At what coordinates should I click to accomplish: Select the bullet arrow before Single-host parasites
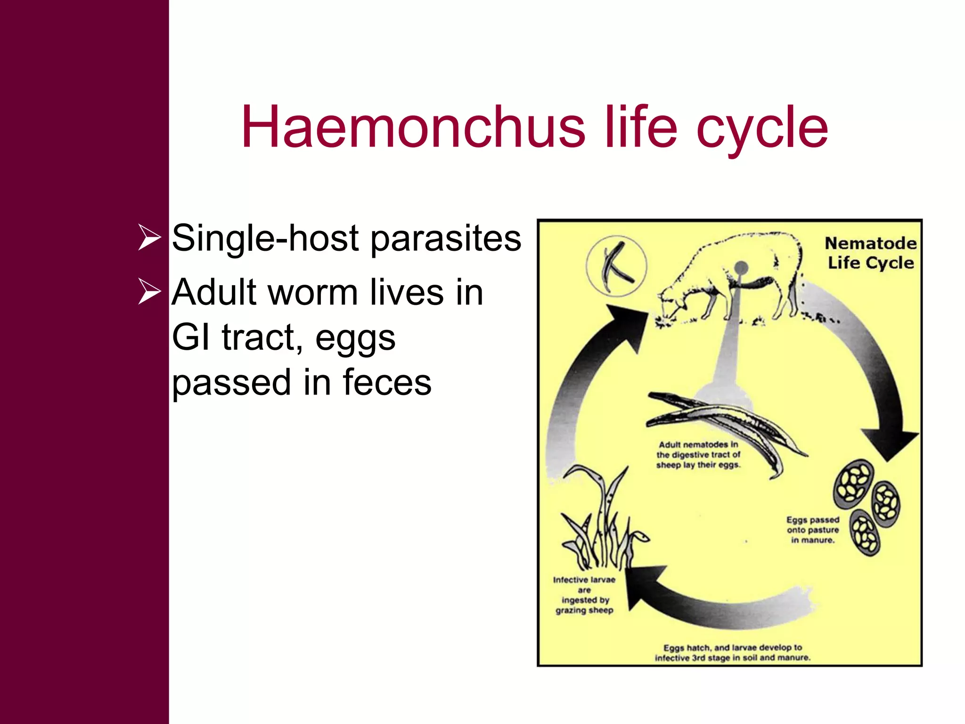[150, 238]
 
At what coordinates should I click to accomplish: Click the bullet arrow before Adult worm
[150, 292]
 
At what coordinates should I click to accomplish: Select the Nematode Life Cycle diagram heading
[870, 253]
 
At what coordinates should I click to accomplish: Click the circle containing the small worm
[616, 266]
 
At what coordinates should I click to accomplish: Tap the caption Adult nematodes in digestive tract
[698, 455]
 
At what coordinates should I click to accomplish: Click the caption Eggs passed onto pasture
[812, 530]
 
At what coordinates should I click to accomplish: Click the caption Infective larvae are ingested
[584, 595]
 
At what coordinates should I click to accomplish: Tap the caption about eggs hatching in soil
[732, 652]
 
